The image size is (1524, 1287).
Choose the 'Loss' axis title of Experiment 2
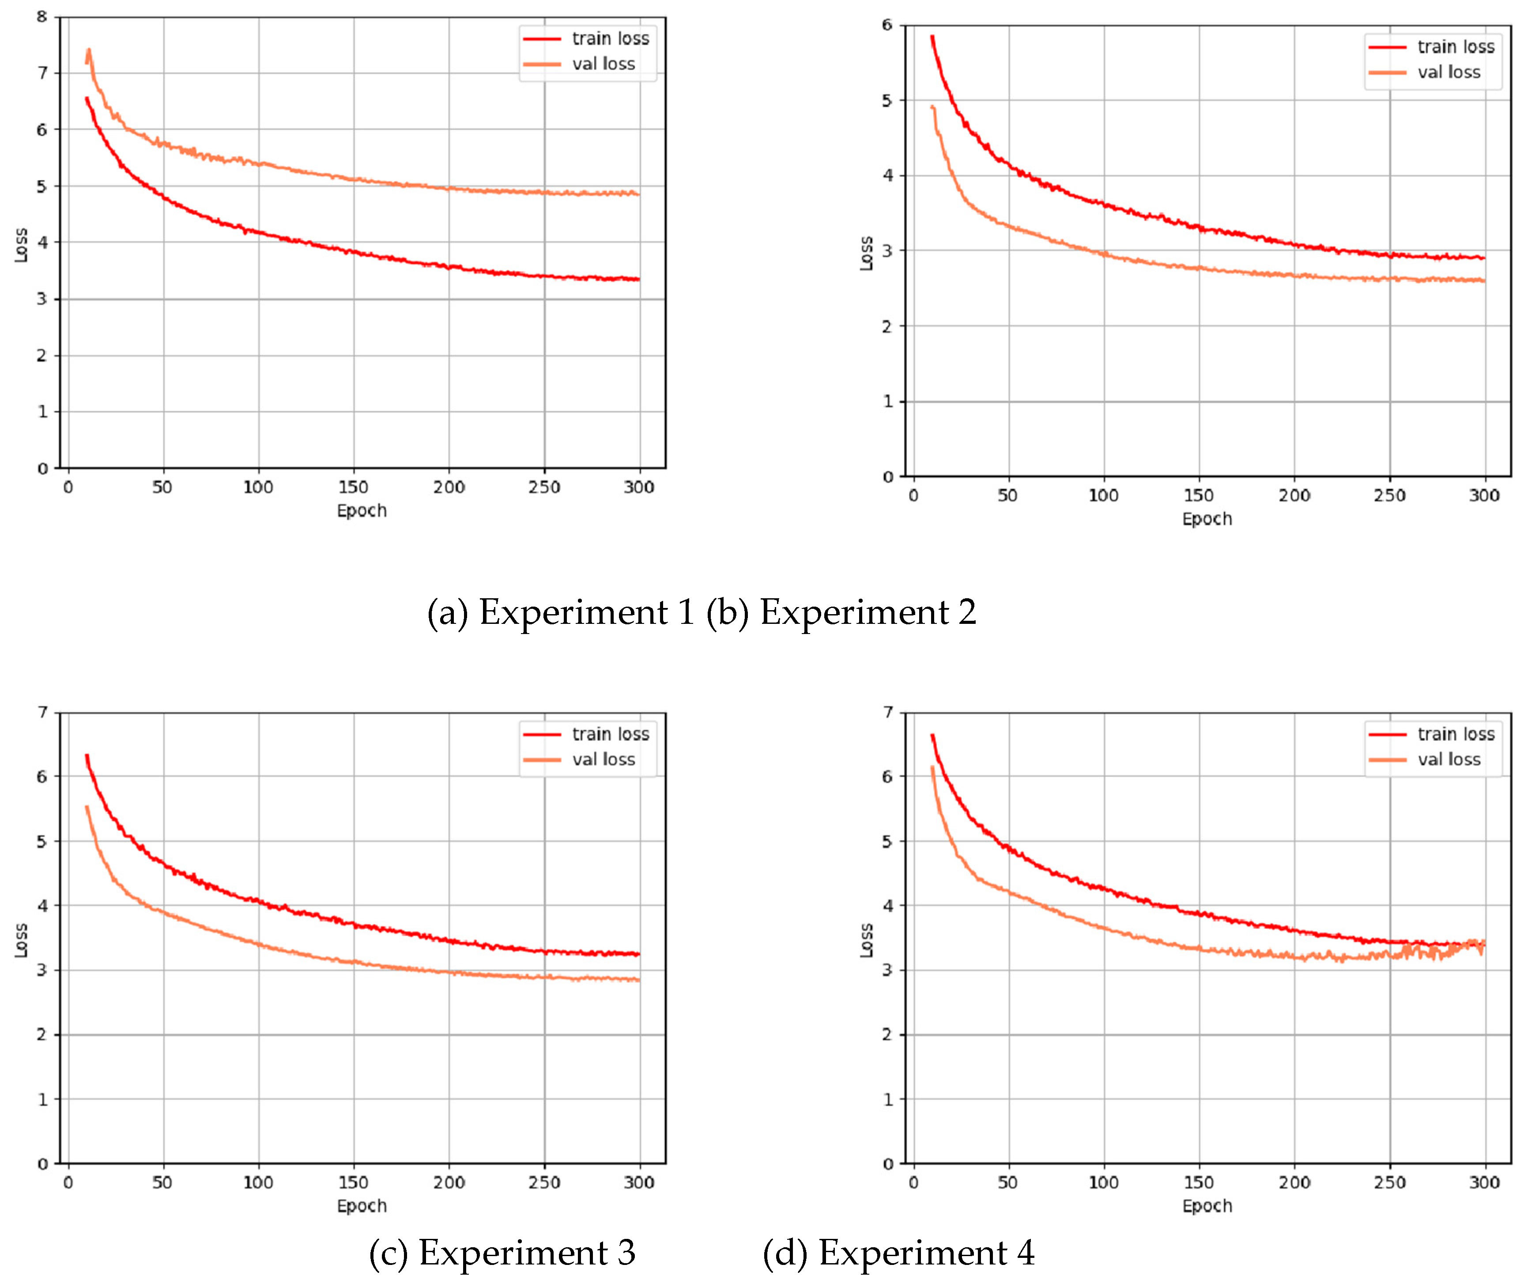click(866, 253)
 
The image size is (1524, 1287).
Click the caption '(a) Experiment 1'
click(560, 612)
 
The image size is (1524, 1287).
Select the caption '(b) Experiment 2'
click(841, 612)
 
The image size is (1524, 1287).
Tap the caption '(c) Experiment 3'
click(502, 1253)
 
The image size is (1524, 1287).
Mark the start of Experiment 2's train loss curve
click(932, 37)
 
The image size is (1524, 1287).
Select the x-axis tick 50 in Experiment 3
click(162, 1183)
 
